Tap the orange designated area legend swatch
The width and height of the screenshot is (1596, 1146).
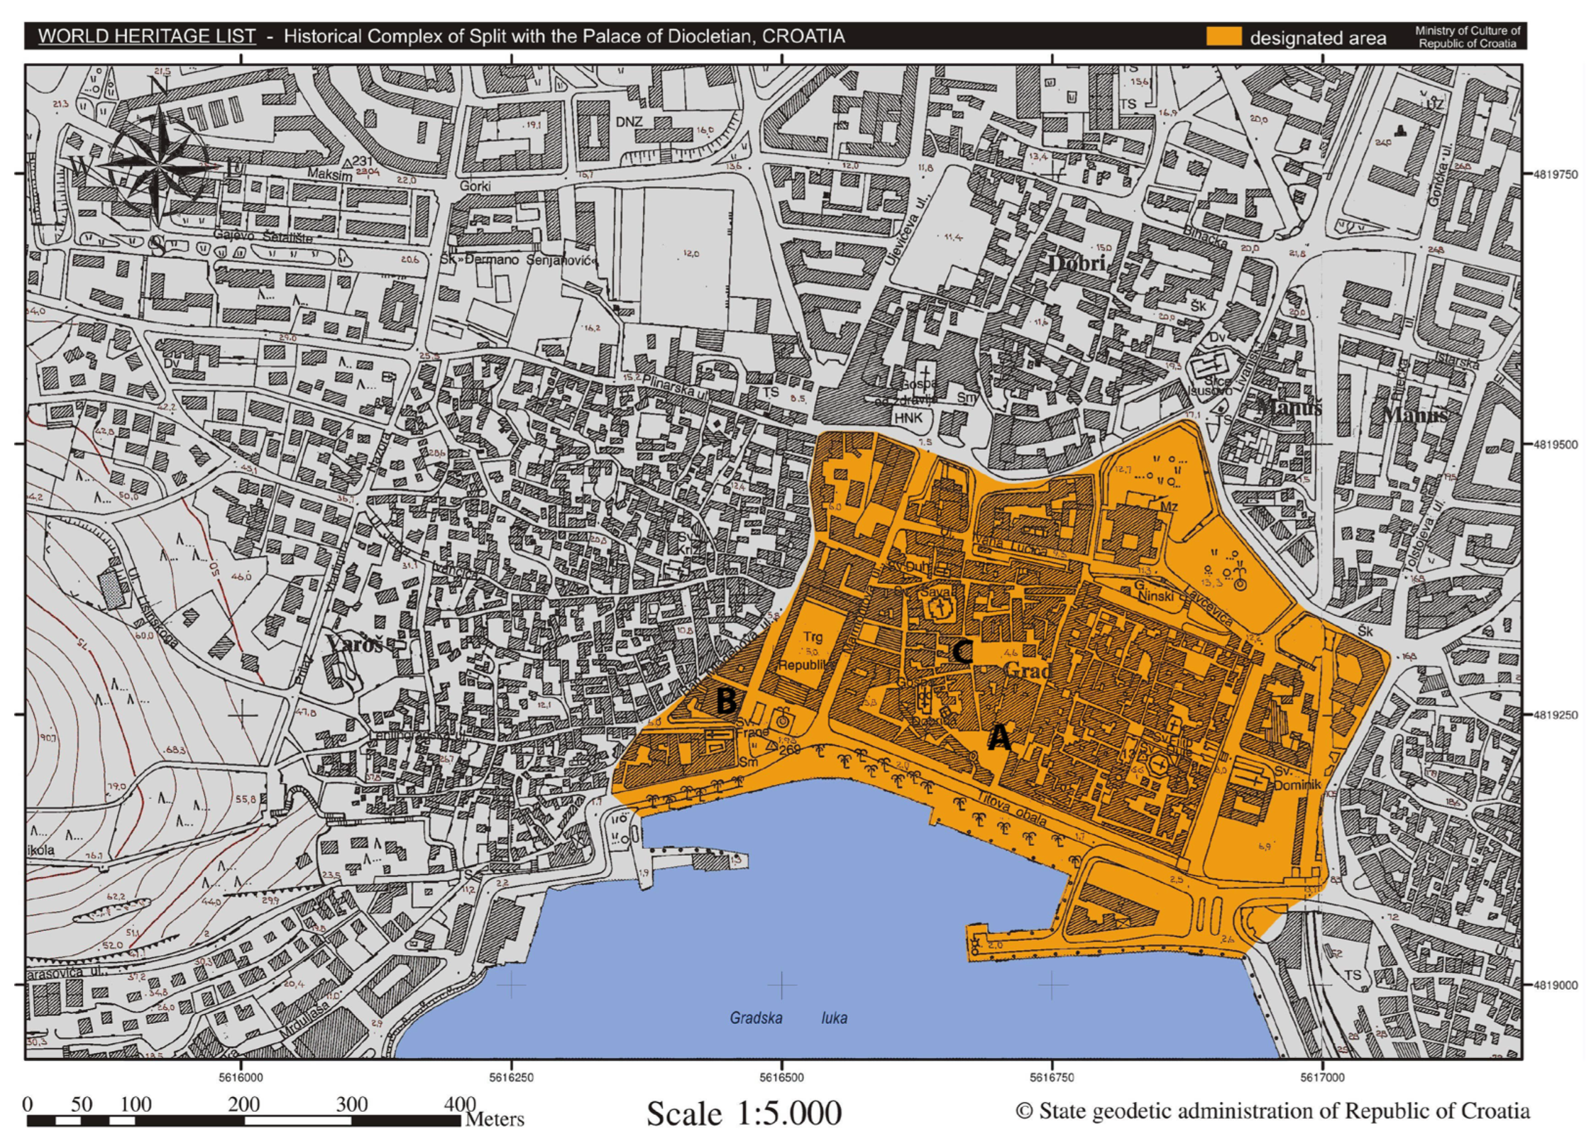1224,37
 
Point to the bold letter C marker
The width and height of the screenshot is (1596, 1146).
962,652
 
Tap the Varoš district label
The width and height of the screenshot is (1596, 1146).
355,644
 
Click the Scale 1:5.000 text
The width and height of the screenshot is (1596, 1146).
744,1114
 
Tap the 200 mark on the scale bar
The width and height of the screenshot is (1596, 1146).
243,1104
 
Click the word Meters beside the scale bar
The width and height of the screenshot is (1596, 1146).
495,1118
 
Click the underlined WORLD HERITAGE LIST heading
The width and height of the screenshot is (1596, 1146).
146,36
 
